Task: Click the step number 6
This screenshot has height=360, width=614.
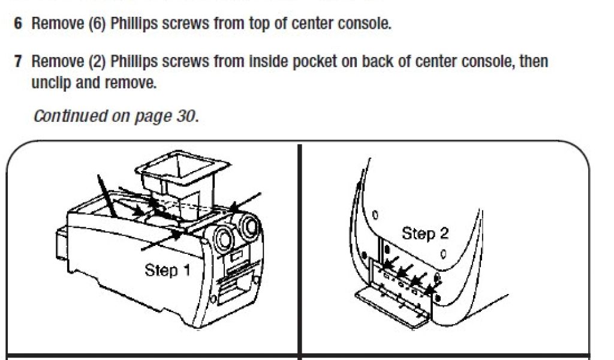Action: [19, 25]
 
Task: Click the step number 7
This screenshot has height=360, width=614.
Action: [19, 62]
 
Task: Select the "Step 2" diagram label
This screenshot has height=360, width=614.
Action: [425, 233]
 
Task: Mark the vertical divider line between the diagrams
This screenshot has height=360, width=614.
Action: [299, 252]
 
